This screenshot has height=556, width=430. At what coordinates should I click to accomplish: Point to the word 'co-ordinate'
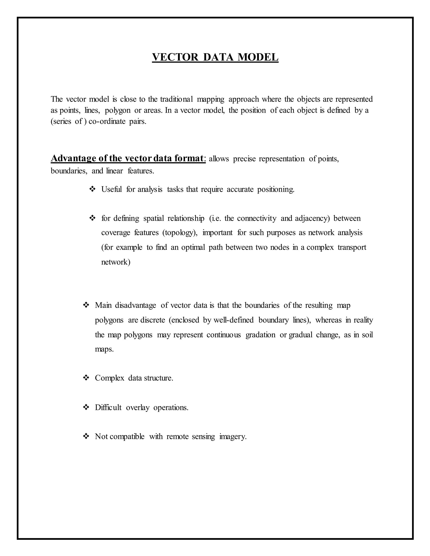coord(107,121)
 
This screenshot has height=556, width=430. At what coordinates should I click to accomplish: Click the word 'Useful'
coord(111,189)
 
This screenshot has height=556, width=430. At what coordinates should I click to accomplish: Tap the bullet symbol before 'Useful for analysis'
coord(92,189)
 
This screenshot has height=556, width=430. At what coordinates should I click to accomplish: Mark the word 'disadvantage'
coord(135,305)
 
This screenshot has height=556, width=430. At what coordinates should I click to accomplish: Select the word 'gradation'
coord(260,335)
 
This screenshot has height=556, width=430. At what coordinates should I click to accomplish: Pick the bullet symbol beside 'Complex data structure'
coord(86,378)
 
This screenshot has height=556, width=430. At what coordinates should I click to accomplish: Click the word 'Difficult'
coord(108,408)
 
